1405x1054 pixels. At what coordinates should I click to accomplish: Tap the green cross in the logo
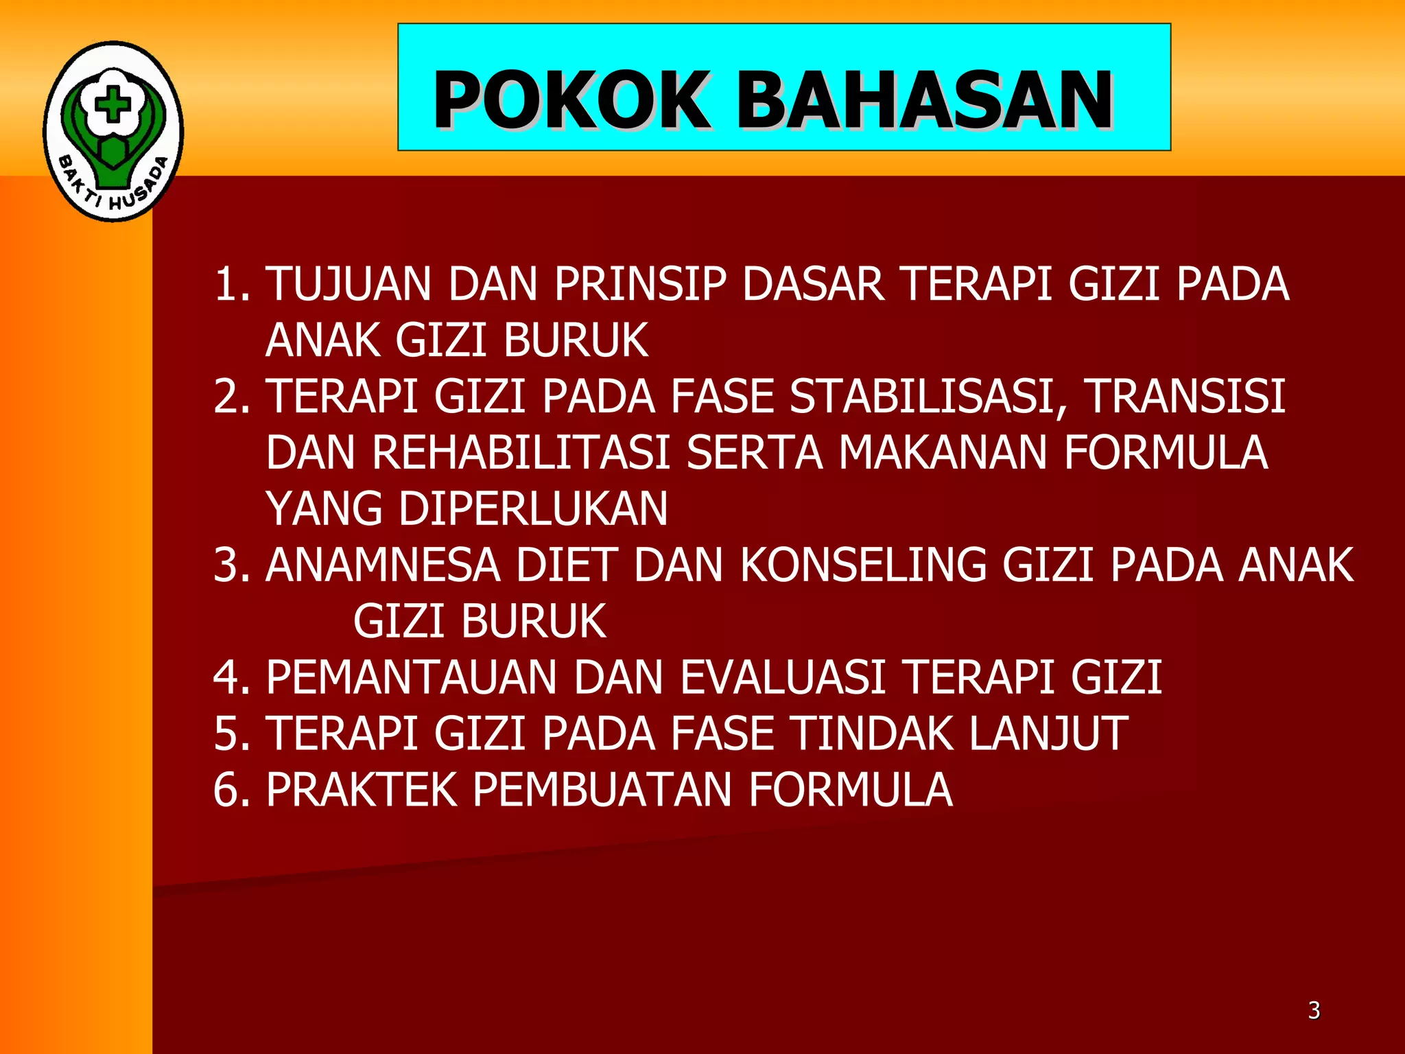tap(113, 106)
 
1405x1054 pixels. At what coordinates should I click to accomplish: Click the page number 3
tap(1314, 1010)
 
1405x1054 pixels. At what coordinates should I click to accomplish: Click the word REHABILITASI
tap(521, 453)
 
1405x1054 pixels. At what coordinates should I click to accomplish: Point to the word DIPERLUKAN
tap(533, 509)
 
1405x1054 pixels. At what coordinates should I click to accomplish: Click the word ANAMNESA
tap(383, 565)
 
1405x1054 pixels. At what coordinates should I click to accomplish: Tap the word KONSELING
tap(863, 565)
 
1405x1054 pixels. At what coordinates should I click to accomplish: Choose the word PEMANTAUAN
tap(412, 678)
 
